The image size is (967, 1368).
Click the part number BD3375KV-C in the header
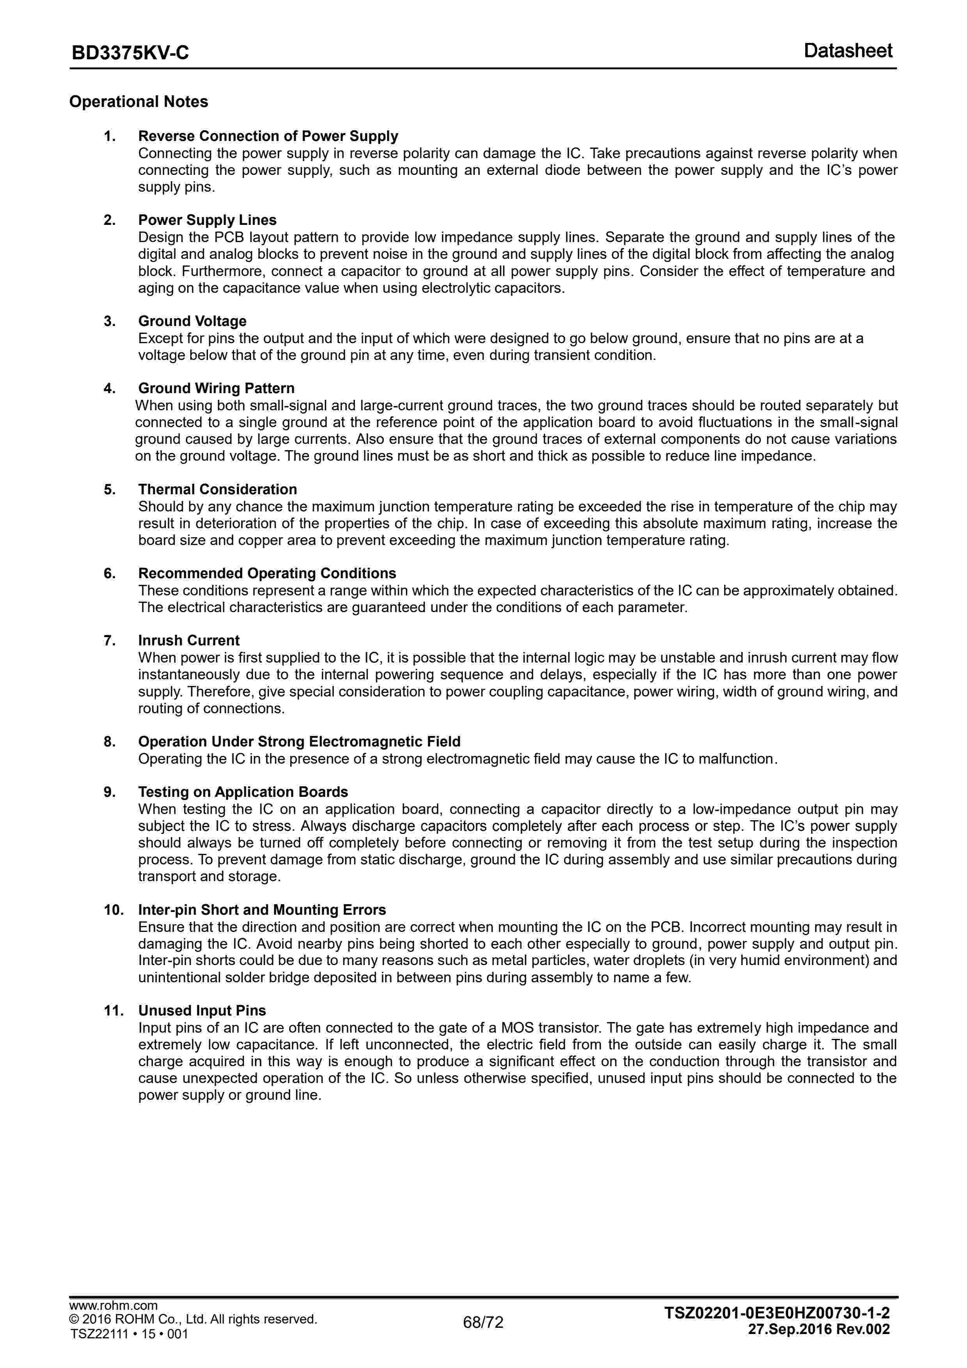[x=130, y=53]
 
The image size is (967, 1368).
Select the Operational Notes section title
[x=139, y=102]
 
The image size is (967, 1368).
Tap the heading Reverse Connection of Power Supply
[x=268, y=136]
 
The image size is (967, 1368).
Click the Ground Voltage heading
[x=192, y=321]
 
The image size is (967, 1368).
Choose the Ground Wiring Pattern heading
[x=216, y=388]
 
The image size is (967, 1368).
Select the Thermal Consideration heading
[x=217, y=489]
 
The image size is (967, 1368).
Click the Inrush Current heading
[x=189, y=641]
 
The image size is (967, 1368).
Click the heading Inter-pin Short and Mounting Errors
[x=262, y=910]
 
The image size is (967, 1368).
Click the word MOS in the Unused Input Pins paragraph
[x=517, y=1028]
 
